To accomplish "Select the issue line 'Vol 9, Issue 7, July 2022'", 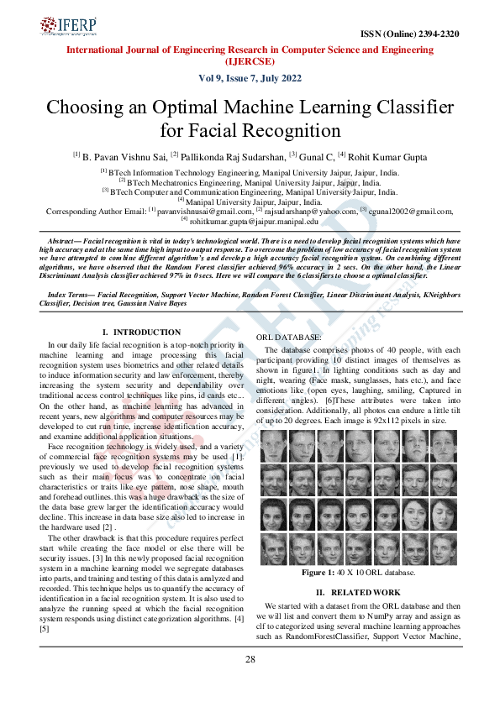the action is pyautogui.click(x=250, y=78).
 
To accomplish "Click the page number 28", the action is pyautogui.click(x=250, y=659).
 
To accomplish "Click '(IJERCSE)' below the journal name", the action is pyautogui.click(x=250, y=61).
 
